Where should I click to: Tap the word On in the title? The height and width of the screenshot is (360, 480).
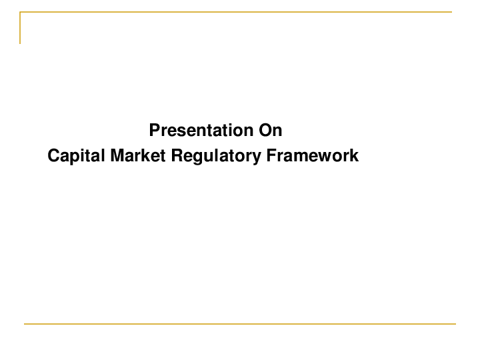point(271,129)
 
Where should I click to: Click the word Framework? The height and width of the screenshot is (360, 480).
point(313,156)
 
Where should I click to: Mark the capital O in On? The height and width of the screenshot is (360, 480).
point(266,129)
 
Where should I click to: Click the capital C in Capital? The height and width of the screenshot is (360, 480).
point(53,156)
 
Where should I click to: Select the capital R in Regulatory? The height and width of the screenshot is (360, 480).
point(177,156)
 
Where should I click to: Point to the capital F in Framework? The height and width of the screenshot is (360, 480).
point(271,156)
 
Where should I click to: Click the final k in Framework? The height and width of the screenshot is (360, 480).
point(355,156)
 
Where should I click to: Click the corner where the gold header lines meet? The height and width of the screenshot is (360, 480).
point(20,12)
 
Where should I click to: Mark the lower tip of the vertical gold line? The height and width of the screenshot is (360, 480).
point(20,43)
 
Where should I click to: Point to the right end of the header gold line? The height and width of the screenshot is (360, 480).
point(451,12)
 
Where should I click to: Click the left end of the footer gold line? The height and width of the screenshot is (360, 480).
point(25,324)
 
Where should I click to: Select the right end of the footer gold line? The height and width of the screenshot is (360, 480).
point(455,324)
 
